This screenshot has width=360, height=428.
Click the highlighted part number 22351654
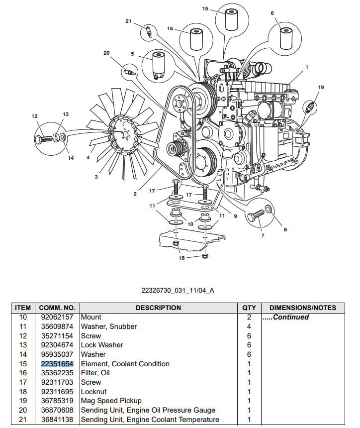[57, 364]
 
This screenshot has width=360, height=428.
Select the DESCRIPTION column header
[158, 308]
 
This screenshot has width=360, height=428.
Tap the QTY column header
[249, 308]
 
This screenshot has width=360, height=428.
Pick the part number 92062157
[57, 317]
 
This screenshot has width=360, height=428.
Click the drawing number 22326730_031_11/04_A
[178, 290]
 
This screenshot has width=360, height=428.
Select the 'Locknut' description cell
[93, 392]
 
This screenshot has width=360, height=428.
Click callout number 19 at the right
[320, 87]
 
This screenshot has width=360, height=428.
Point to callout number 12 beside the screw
[34, 116]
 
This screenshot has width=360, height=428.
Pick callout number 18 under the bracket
[181, 258]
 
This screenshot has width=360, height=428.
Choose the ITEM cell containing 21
[23, 420]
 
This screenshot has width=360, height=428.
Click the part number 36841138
[57, 420]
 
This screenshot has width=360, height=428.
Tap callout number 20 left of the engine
[106, 53]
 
